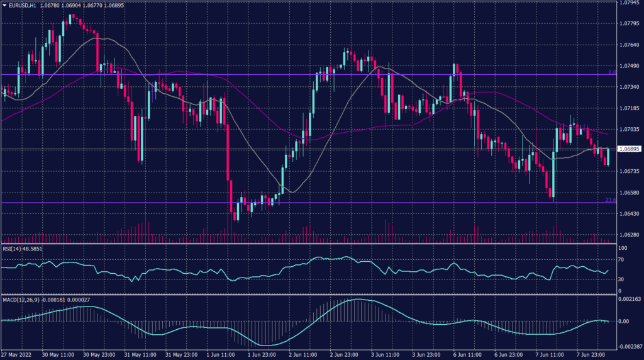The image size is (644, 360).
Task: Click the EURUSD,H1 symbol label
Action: (x=23, y=5)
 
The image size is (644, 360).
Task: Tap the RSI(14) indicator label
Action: (x=12, y=248)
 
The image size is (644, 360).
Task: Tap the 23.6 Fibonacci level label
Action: (x=609, y=200)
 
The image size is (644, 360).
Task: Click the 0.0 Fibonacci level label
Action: (x=611, y=72)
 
